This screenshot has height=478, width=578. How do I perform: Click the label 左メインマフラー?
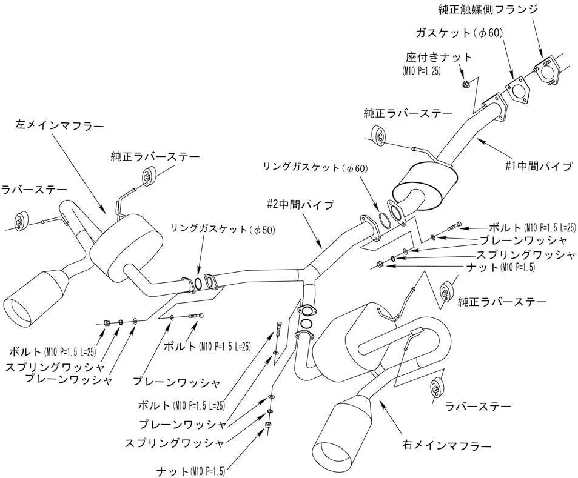(x=59, y=126)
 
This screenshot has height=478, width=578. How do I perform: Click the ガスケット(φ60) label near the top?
(x=459, y=32)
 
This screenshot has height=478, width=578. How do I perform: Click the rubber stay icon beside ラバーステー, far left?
(x=22, y=221)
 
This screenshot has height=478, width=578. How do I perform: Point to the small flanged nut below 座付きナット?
(x=465, y=83)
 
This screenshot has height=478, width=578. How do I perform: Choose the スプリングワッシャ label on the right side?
(x=525, y=254)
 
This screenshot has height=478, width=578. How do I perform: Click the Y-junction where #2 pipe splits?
(x=311, y=270)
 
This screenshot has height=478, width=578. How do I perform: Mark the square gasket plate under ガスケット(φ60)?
(x=516, y=88)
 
